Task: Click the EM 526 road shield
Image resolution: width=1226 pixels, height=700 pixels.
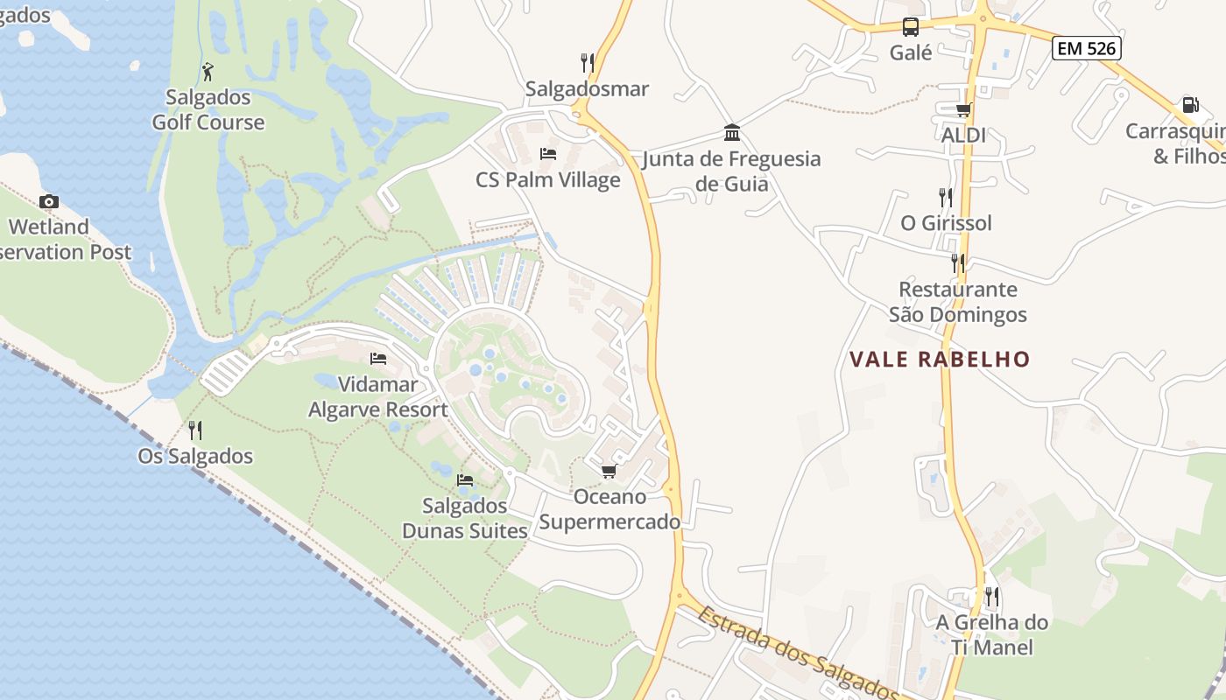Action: coord(1087,48)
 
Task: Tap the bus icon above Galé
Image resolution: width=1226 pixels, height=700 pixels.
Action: coord(911,27)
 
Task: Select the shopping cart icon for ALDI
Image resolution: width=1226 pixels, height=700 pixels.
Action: coord(963,109)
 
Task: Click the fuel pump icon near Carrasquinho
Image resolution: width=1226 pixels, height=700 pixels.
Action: coord(1190,105)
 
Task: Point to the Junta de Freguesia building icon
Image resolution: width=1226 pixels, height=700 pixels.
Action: coord(732,133)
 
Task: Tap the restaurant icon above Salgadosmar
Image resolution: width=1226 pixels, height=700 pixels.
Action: coord(588,62)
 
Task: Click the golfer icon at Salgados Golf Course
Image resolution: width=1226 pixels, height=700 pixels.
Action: coord(208,71)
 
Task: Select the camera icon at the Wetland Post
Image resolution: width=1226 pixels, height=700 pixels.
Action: coord(49,201)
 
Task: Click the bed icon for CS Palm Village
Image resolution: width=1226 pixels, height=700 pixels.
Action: coord(548,154)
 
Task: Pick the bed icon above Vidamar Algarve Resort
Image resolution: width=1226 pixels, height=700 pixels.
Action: coord(378,359)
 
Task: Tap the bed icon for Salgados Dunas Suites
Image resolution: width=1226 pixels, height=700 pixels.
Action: coord(465,479)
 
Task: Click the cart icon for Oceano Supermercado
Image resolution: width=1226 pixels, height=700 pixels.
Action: coord(609,472)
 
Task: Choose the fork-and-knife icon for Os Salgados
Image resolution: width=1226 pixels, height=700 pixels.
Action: coord(195,430)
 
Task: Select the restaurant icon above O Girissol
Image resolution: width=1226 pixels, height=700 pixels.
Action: coord(946,197)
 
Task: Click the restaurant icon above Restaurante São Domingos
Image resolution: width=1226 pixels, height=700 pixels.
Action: coord(958,262)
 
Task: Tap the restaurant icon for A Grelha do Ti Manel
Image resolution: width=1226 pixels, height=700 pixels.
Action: coord(992,597)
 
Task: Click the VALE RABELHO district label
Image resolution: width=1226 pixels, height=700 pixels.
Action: coord(940,359)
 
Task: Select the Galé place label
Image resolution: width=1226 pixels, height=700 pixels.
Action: coord(911,52)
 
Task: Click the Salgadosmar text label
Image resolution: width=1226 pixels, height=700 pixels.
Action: coord(587,88)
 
